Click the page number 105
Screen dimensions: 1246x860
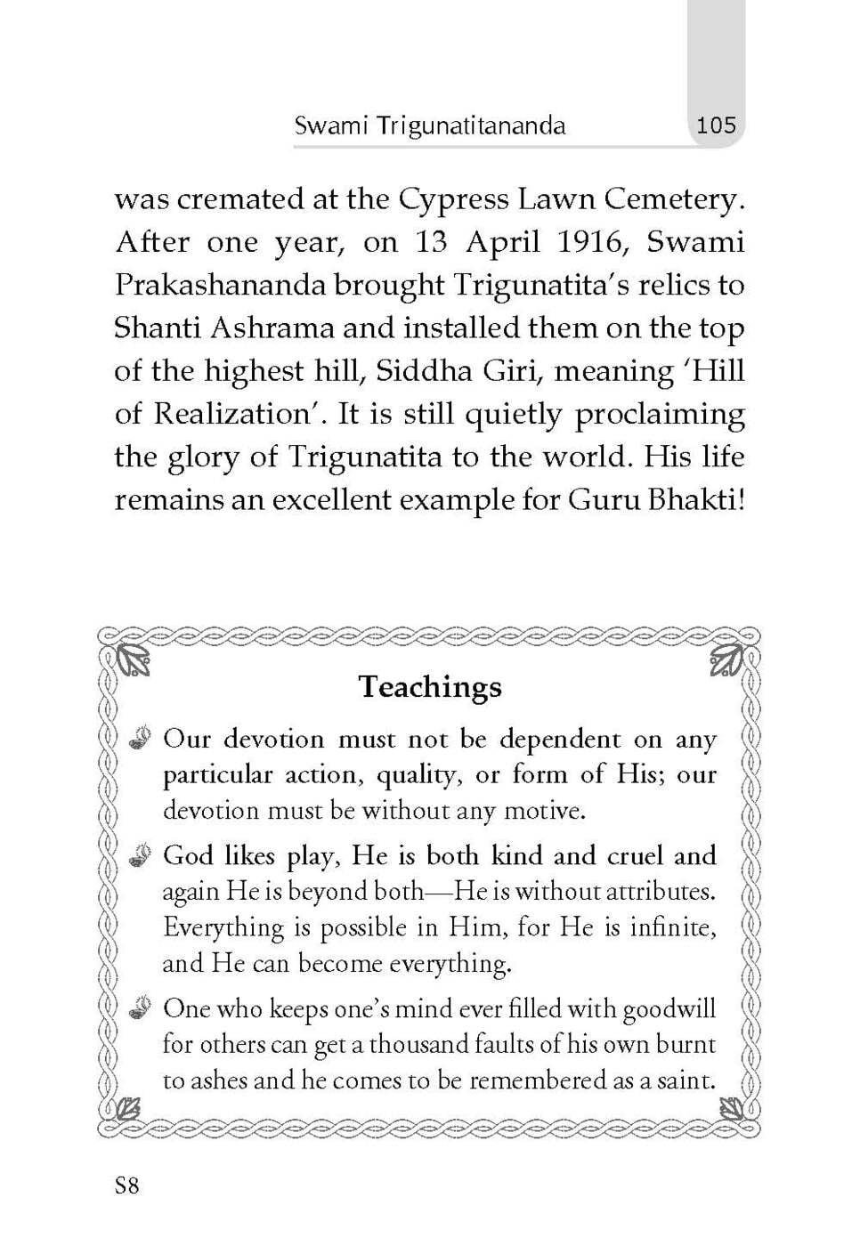pos(716,125)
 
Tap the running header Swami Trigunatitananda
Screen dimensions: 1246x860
pos(429,125)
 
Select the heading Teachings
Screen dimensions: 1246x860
pos(430,686)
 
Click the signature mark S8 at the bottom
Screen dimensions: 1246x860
pos(126,1185)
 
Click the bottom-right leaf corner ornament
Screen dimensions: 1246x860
pos(731,1109)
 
